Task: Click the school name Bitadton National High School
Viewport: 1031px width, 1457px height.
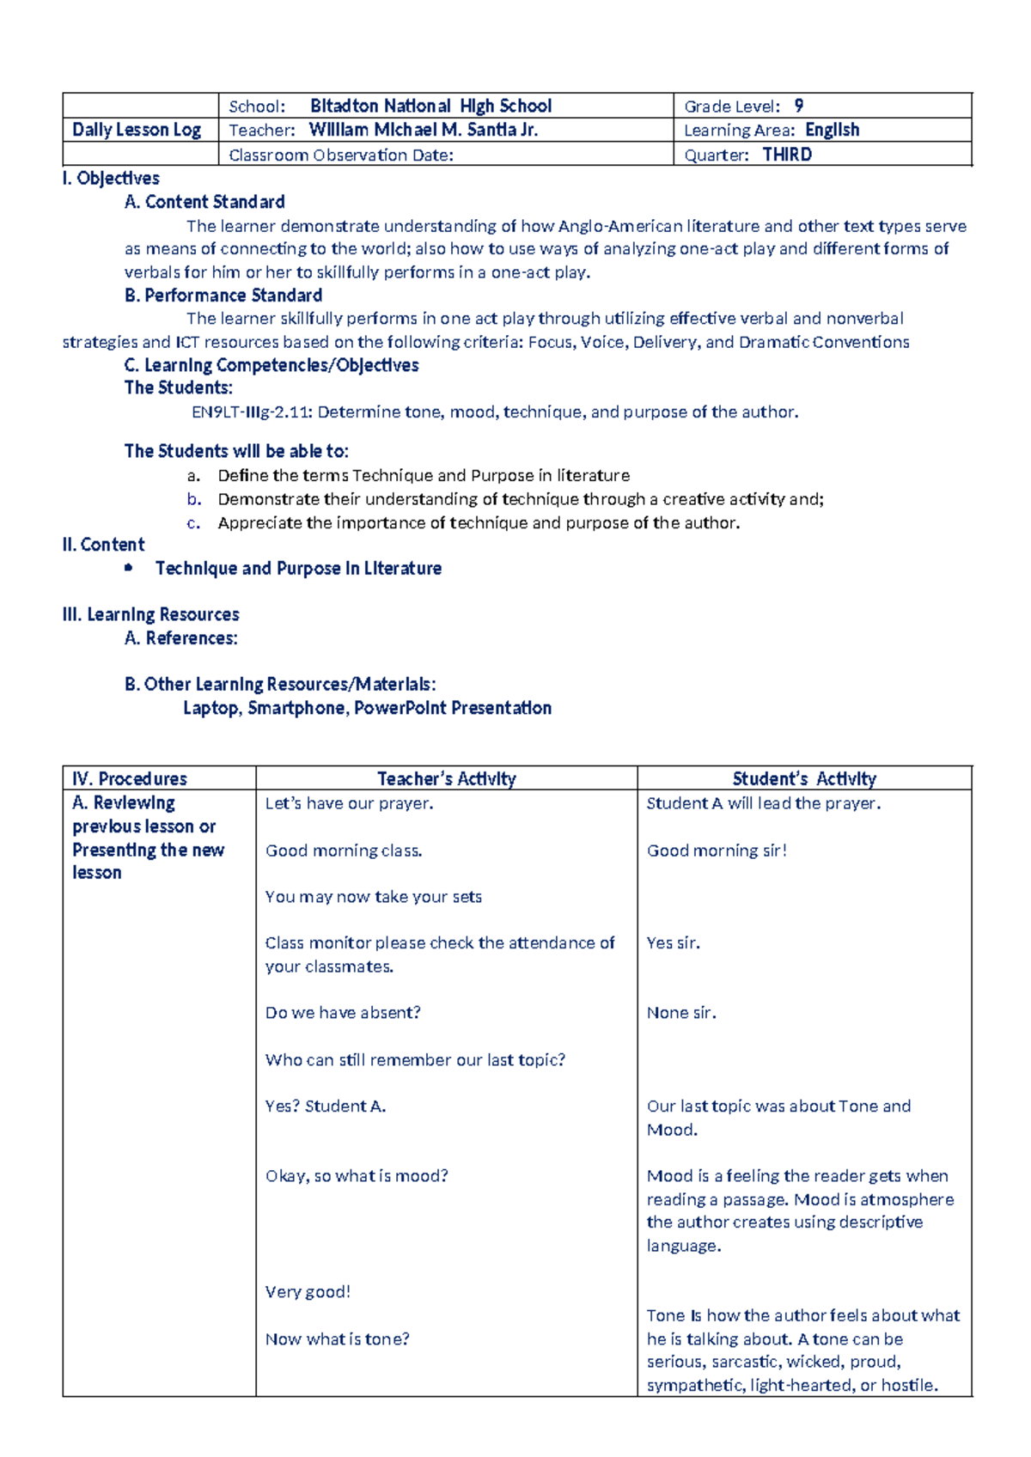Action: pyautogui.click(x=430, y=107)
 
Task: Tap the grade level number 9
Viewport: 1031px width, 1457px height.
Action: pyautogui.click(x=799, y=107)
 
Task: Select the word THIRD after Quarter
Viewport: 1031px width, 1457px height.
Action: pyautogui.click(x=787, y=155)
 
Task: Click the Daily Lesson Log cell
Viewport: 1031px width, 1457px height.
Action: pyautogui.click(x=137, y=130)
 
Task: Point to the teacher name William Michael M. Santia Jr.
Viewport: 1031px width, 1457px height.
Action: pyautogui.click(x=424, y=130)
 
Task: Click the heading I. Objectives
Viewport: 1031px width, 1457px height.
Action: pyautogui.click(x=111, y=179)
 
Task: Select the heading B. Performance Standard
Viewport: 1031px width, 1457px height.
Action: pyautogui.click(x=223, y=296)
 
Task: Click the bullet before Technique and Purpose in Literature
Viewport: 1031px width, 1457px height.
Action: pyautogui.click(x=129, y=568)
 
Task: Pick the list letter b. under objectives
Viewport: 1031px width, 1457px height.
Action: pyautogui.click(x=194, y=499)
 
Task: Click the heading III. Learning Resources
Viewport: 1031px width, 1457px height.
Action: pyautogui.click(x=150, y=615)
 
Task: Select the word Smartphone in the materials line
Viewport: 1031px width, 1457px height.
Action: pyautogui.click(x=296, y=709)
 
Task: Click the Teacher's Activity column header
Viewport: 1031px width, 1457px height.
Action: pyautogui.click(x=446, y=779)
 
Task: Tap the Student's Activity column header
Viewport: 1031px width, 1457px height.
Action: pyautogui.click(x=804, y=779)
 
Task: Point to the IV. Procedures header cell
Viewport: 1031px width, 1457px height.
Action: pyautogui.click(x=130, y=779)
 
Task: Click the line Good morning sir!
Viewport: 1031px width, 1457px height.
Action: pyautogui.click(x=717, y=850)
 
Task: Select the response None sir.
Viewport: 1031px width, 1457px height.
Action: pyautogui.click(x=681, y=1013)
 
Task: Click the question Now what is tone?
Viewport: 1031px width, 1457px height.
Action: pyautogui.click(x=338, y=1338)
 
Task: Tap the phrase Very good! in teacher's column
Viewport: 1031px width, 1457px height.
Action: pyautogui.click(x=308, y=1292)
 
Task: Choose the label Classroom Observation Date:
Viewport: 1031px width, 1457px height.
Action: pyautogui.click(x=341, y=155)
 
